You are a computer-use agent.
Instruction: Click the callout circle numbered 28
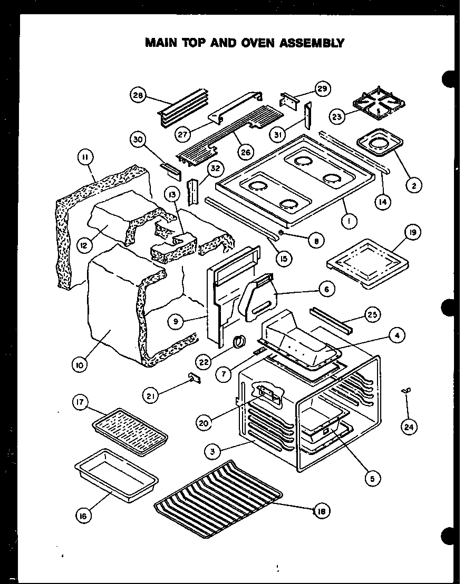[138, 95]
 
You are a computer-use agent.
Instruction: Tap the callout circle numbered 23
[338, 115]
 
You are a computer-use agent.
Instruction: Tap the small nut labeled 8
[281, 232]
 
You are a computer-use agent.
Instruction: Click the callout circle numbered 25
[372, 315]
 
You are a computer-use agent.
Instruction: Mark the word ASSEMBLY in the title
[312, 43]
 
